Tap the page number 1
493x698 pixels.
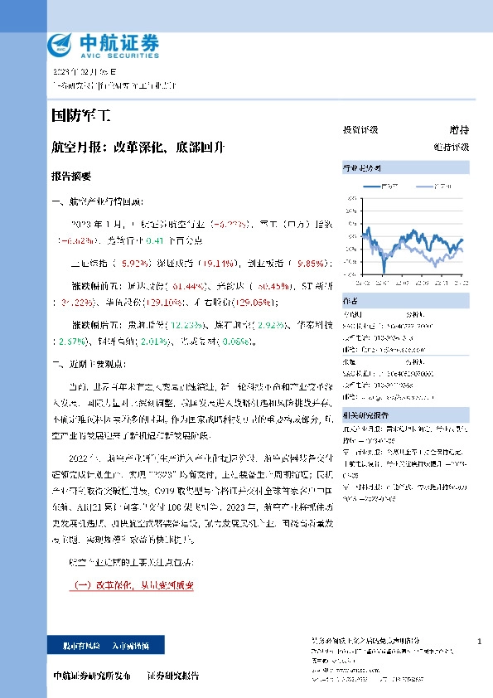pyautogui.click(x=480, y=642)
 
